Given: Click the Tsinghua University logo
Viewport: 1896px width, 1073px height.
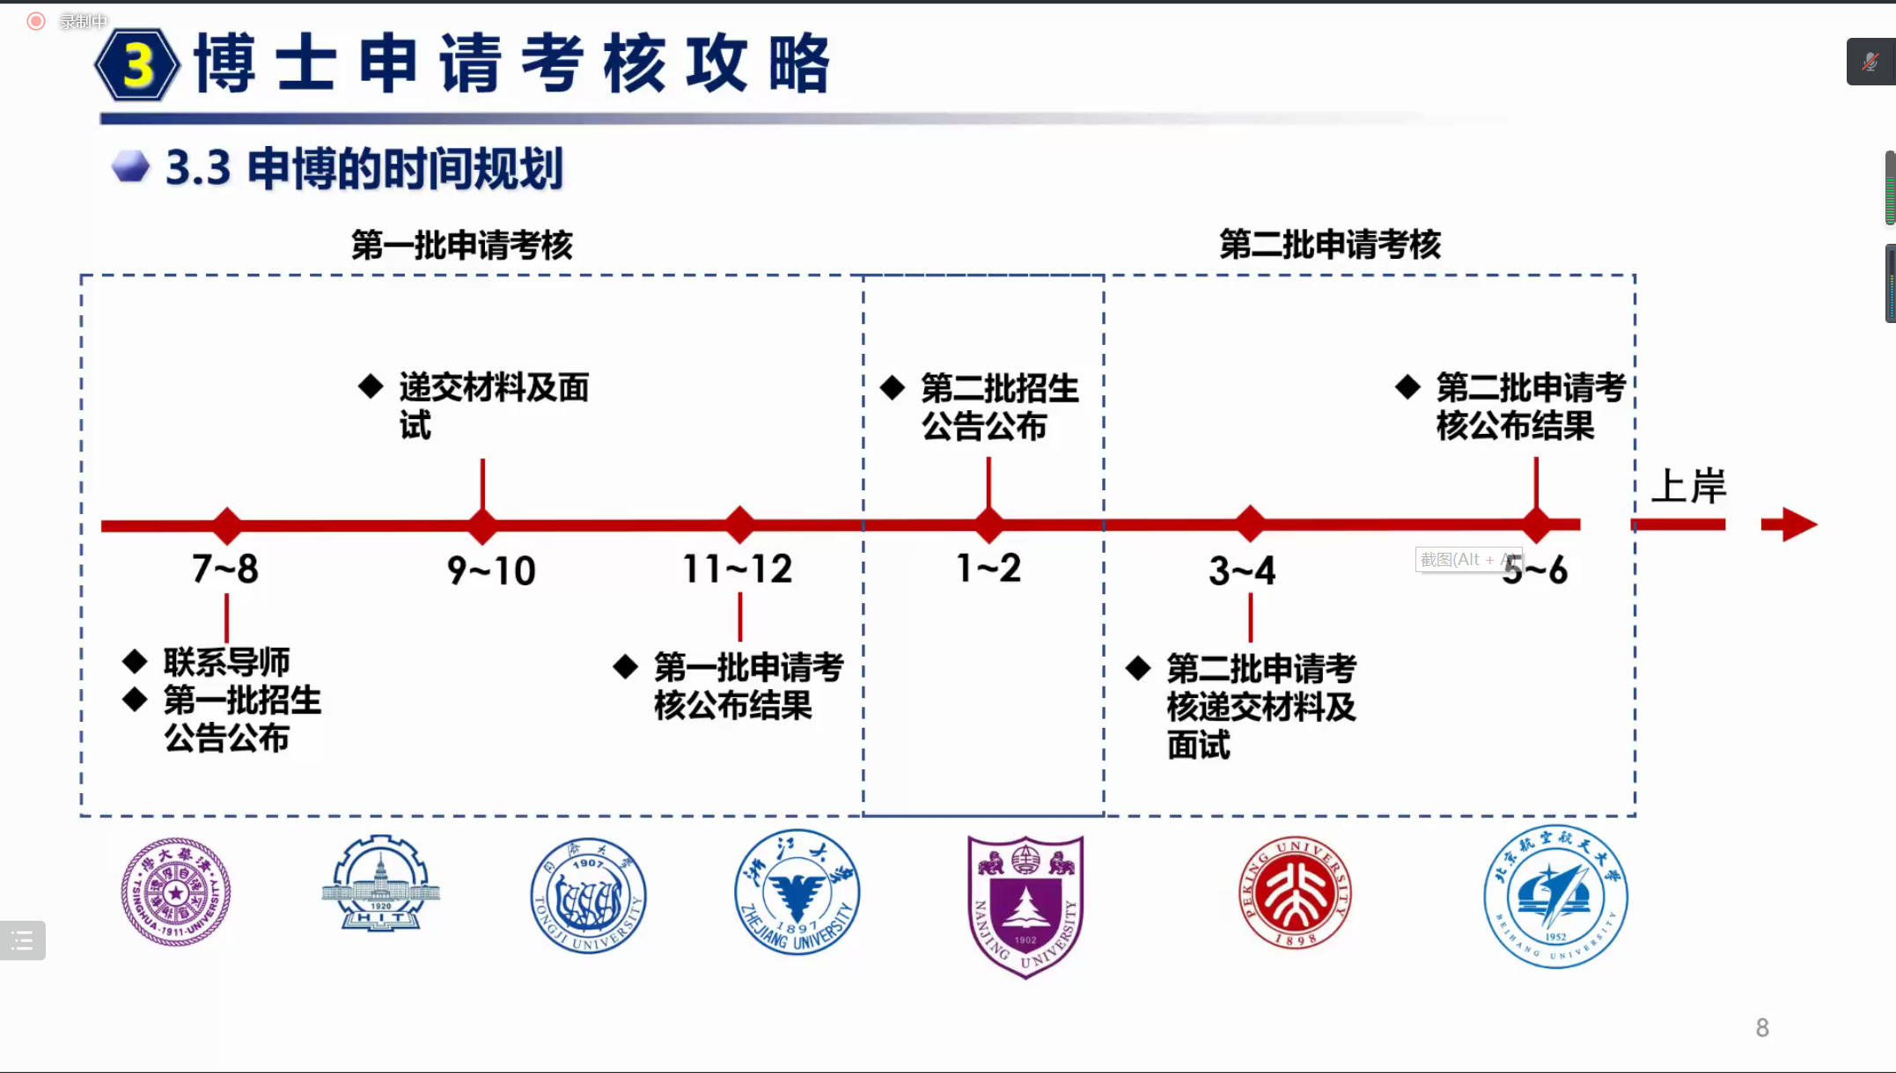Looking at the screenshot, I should pos(176,892).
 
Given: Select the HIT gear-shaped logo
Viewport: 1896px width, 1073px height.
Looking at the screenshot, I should pos(381,884).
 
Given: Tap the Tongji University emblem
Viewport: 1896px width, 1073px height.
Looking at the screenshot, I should pos(588,894).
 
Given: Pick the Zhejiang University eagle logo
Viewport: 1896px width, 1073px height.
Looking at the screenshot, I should pos(797,892).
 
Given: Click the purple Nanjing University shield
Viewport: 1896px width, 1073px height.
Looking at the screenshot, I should pos(1025,905).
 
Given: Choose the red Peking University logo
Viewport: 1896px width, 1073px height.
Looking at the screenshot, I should pos(1295,892).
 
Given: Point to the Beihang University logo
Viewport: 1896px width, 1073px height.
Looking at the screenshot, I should pos(1555,896).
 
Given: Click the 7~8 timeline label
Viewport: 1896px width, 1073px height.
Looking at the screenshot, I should pos(225,569).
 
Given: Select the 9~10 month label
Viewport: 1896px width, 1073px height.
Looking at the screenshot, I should pos(491,570).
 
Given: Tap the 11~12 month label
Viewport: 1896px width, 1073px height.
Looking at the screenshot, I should pos(738,569).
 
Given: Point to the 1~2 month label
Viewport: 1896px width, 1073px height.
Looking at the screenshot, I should pos(988,568).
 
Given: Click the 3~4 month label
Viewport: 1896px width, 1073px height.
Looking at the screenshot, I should pos(1242,570).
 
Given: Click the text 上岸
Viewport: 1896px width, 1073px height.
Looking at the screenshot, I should pos(1687,486).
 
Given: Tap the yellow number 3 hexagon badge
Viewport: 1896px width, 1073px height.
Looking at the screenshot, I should pos(137,65).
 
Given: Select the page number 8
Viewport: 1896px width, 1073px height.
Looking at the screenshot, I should pos(1762,1027).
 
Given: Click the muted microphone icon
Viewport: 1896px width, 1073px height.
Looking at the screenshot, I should pos(1870,62).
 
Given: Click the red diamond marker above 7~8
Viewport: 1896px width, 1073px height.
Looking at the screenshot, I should pos(227,525).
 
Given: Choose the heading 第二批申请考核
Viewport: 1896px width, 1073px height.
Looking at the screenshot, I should pos(1329,245).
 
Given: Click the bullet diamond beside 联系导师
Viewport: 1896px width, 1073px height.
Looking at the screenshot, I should pos(135,661).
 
